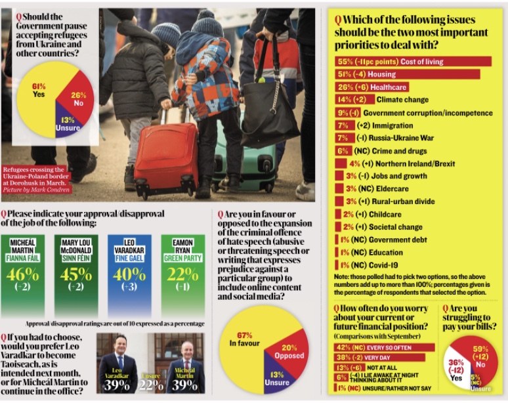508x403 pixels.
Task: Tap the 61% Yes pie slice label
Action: click(39, 91)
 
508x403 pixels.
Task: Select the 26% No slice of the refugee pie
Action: click(78, 99)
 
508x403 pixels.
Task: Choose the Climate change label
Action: click(402, 100)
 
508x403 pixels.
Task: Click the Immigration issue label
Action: click(394, 125)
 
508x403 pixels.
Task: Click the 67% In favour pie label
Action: click(245, 339)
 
